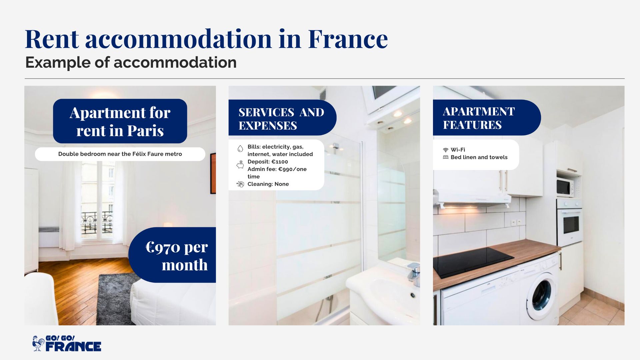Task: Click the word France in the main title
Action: [x=348, y=39]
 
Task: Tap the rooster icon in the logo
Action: [x=38, y=343]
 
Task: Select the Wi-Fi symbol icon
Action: [x=445, y=150]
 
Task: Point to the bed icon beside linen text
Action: [x=445, y=157]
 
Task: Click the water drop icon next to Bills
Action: [x=240, y=149]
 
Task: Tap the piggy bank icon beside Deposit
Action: [x=240, y=165]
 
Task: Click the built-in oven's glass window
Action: [x=571, y=225]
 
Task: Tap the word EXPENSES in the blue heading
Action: [x=268, y=126]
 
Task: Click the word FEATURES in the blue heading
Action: [x=472, y=125]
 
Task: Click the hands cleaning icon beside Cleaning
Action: [x=240, y=184]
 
